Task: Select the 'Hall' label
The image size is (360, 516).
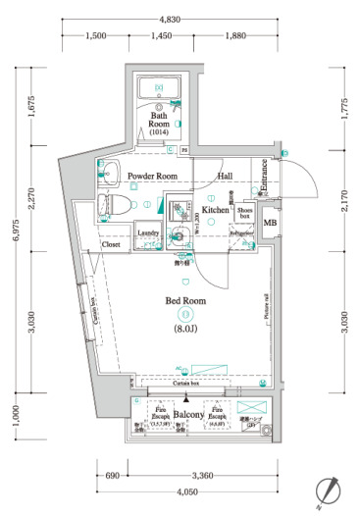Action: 225,176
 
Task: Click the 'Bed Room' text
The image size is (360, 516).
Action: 183,300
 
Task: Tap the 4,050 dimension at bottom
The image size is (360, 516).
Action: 177,490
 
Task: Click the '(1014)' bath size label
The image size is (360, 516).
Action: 159,132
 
